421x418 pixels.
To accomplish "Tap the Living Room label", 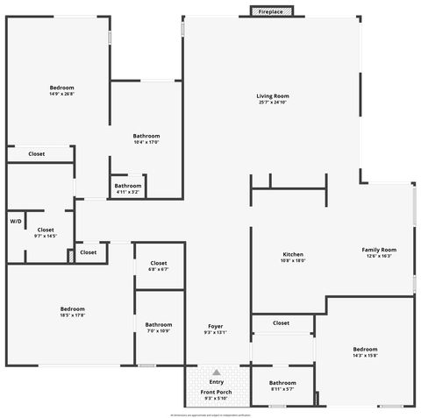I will coord(273,96).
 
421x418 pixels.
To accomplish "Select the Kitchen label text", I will coord(292,254).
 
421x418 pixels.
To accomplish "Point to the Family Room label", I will coord(380,250).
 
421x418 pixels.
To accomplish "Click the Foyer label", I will coord(215,326).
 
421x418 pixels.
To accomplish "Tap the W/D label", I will coord(16,222).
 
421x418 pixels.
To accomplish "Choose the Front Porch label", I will coord(216,392).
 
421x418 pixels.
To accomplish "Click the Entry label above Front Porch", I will coord(216,382).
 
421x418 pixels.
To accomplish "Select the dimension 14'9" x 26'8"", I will coord(61,94).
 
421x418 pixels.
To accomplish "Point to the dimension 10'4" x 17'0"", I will coord(146,142).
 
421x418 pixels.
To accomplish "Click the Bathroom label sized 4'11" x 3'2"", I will coord(128,186).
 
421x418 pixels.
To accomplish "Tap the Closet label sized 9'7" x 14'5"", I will coord(46,230).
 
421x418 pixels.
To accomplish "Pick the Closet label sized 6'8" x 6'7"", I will coord(159,263).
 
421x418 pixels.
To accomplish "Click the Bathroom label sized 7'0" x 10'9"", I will coord(159,325).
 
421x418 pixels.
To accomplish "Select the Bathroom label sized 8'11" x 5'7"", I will coord(282,383).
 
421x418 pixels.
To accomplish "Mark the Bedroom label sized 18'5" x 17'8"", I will coord(73,308).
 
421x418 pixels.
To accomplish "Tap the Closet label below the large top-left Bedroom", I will coord(36,153).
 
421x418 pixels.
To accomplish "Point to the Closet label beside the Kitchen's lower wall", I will coord(281,322).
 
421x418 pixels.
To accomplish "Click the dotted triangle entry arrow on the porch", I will coord(216,372).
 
